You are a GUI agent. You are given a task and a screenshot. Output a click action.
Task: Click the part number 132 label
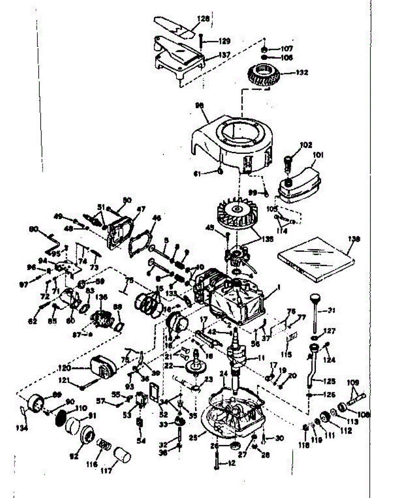pos(302,72)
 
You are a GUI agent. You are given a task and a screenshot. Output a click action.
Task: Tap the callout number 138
pos(355,239)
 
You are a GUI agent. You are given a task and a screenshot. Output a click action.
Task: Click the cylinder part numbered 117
pos(122,455)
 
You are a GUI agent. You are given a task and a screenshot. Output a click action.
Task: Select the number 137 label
pos(224,54)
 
